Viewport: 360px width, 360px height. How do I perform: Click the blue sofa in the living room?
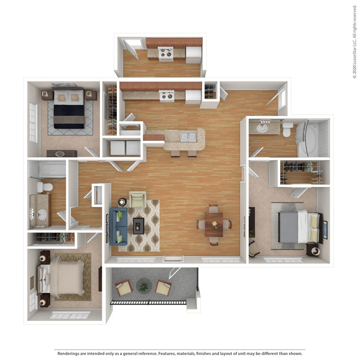pyautogui.click(x=118, y=226)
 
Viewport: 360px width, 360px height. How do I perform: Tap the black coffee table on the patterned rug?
pyautogui.click(x=138, y=225)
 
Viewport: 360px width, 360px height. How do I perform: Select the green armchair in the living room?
pyautogui.click(x=138, y=199)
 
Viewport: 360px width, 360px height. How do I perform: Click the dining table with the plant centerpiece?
pyautogui.click(x=214, y=225)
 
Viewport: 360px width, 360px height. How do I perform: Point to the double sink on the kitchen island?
pyautogui.click(x=188, y=136)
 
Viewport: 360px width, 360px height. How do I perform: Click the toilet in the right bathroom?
pyautogui.click(x=287, y=130)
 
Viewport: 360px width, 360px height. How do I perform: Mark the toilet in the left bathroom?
pyautogui.click(x=44, y=187)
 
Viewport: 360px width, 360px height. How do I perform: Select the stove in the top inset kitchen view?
pyautogui.click(x=165, y=54)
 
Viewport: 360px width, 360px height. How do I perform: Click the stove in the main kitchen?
pyautogui.click(x=166, y=96)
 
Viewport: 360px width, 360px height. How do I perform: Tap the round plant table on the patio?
pyautogui.click(x=143, y=285)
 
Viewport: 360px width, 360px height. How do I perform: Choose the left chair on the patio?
pyautogui.click(x=123, y=287)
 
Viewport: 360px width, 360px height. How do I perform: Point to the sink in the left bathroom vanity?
pyautogui.click(x=41, y=215)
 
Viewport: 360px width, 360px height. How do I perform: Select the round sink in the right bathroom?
pyautogui.click(x=261, y=127)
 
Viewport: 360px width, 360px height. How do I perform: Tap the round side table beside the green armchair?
pyautogui.click(x=122, y=202)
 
